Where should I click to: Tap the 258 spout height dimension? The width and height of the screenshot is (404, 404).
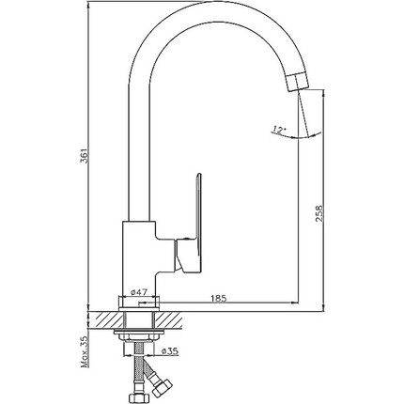(319, 213)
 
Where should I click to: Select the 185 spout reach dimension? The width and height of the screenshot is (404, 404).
(218, 298)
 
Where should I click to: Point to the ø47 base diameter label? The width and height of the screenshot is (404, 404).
(138, 292)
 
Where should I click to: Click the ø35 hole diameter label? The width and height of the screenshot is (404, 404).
(170, 351)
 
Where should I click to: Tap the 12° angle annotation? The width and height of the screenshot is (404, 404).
(279, 129)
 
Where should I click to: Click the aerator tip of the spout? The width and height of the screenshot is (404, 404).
(299, 82)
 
